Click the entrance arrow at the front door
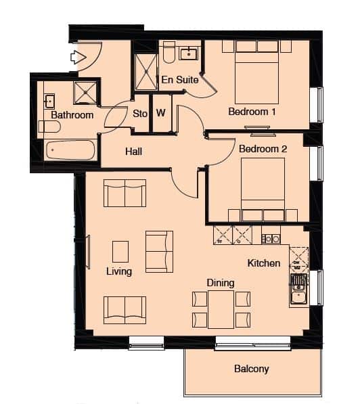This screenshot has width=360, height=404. (78, 58)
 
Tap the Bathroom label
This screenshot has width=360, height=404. (72, 115)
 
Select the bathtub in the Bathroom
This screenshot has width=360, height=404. (70, 150)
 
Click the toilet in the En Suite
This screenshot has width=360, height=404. (169, 52)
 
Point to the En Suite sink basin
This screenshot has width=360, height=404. (189, 53)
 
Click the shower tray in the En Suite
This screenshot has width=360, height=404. (146, 72)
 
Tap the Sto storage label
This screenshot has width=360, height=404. (140, 114)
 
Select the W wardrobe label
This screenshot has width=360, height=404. (161, 112)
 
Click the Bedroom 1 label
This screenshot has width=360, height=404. (252, 112)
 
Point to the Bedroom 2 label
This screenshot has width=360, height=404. (263, 149)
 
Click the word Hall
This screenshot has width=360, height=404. (133, 152)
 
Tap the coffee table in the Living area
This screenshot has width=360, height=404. (120, 252)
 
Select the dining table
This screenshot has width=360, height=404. (221, 309)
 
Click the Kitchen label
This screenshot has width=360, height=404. (264, 263)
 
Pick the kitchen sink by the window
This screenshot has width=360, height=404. (298, 289)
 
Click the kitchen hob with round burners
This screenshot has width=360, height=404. (271, 239)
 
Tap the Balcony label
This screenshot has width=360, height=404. (252, 369)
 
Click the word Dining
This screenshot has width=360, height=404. (221, 283)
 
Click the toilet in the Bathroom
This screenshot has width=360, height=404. (49, 127)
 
